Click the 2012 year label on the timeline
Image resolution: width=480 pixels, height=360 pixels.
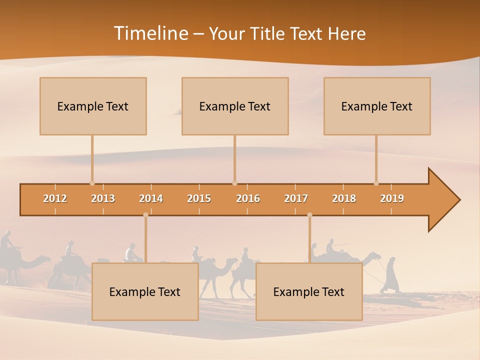coord(55,198)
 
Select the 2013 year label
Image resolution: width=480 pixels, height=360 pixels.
coord(103,198)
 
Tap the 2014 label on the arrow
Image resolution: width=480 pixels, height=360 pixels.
coord(151,198)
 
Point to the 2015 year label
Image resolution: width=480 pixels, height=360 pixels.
coord(199,198)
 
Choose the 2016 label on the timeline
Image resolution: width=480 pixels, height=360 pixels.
coord(248,198)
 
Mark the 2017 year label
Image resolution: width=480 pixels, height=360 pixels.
coord(296,198)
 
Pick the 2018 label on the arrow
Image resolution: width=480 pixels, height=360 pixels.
coord(344,198)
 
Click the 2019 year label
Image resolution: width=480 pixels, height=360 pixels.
coord(392,198)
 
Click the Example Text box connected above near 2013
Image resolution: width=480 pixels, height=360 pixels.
coord(93,106)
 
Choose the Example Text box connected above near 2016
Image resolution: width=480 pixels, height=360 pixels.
coord(235,106)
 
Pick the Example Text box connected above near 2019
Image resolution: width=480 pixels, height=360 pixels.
coord(377,106)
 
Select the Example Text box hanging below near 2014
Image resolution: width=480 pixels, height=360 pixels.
coord(145,291)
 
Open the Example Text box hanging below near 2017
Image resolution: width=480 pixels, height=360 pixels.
coord(309,291)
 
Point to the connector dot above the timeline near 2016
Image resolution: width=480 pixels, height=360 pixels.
coord(234,183)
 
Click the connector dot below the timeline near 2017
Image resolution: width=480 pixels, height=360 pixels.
coord(309,215)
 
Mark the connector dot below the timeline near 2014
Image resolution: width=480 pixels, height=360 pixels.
coord(145,215)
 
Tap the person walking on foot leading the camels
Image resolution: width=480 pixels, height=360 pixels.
coord(390,275)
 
